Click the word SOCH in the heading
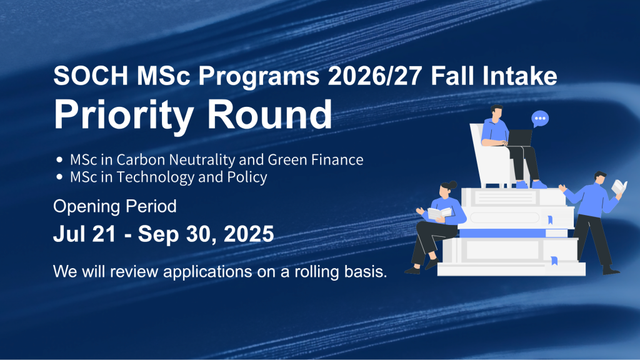click(91, 76)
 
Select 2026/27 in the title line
click(375, 76)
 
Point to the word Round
click(270, 114)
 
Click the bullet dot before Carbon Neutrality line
click(59, 159)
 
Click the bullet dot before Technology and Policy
click(59, 177)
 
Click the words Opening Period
click(115, 206)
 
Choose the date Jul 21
click(84, 234)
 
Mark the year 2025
click(249, 234)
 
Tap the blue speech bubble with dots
click(540, 119)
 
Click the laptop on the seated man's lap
click(519, 138)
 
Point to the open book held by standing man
click(619, 187)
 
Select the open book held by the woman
click(439, 213)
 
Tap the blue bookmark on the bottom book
click(554, 261)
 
